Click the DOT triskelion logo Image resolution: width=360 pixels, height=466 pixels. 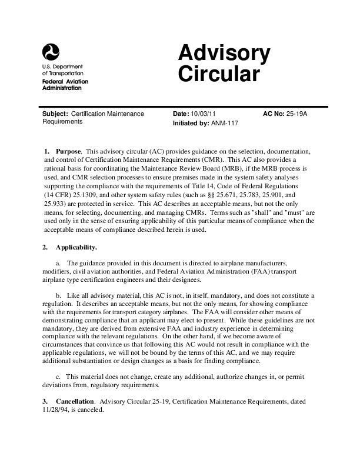point(51,53)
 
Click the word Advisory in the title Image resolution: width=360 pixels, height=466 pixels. point(224,55)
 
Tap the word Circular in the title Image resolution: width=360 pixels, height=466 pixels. point(218,75)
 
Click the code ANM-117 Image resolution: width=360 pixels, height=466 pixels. point(225,124)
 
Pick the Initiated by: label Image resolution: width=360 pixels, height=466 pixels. point(191,124)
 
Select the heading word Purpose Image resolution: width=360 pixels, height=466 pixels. point(68,151)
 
